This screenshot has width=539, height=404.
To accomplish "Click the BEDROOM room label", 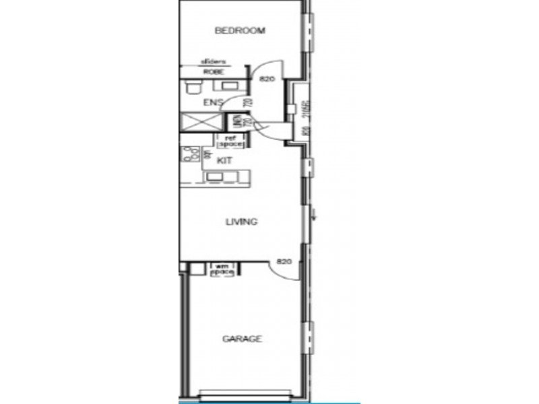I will (x=240, y=30).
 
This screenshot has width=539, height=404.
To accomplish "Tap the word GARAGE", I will (x=242, y=339).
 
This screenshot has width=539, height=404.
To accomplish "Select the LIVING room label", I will (x=241, y=222).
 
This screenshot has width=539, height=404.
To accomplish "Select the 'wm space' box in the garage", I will (x=222, y=270).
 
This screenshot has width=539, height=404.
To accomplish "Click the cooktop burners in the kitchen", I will (x=187, y=156).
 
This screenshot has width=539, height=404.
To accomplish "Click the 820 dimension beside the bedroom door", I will (x=268, y=79).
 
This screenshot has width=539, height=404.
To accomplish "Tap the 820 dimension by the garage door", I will (x=283, y=261).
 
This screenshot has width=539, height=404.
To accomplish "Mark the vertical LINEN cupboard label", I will (x=237, y=123).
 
